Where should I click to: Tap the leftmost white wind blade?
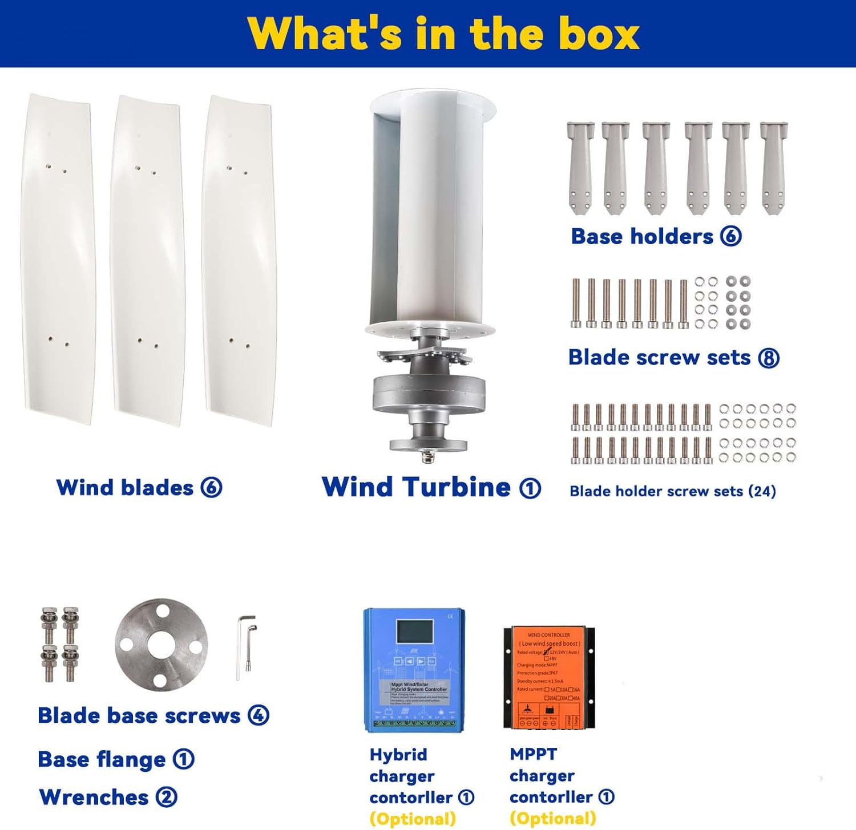click(58, 260)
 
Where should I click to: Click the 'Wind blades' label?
click(125, 488)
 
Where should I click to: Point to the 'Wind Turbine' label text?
click(416, 487)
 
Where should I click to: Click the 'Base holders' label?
click(642, 236)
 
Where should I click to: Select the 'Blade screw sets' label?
click(660, 357)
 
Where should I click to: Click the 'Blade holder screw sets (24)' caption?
click(673, 491)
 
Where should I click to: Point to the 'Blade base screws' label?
click(139, 715)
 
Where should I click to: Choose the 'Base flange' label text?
click(102, 759)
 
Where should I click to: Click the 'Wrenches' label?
click(94, 797)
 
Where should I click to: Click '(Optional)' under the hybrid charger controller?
click(413, 819)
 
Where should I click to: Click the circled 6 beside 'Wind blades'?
click(211, 488)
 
